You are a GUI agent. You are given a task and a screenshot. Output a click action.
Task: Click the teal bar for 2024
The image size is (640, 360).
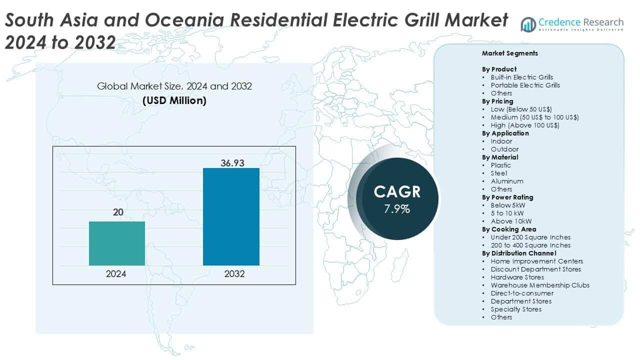point(117,243)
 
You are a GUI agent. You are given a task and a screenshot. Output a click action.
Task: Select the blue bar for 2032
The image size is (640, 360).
point(231,216)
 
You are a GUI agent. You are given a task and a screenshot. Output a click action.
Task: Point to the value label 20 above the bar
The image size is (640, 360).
point(117,212)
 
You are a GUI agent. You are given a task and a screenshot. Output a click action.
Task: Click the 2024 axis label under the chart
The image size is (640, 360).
point(116,274)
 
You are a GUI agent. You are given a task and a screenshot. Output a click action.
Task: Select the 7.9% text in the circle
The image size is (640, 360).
point(397,209)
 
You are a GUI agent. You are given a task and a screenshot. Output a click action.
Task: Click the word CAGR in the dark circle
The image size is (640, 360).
point(397,191)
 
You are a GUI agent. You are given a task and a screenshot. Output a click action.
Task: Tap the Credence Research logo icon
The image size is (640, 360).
point(528,24)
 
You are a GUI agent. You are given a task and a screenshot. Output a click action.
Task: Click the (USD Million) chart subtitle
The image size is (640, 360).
point(174,100)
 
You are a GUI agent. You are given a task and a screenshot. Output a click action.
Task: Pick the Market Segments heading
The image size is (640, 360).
point(509,53)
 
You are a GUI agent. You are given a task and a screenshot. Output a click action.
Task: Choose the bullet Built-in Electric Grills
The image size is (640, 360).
point(521,77)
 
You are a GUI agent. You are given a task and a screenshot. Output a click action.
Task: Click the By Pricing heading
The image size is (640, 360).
point(497,101)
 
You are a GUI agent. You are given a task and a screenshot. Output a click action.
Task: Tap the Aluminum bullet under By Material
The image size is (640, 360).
point(506,181)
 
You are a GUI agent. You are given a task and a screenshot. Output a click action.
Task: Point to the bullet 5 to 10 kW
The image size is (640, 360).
point(507,213)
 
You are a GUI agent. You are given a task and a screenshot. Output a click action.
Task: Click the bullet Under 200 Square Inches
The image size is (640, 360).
point(530,237)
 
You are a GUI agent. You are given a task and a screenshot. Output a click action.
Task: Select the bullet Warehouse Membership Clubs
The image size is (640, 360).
point(540,285)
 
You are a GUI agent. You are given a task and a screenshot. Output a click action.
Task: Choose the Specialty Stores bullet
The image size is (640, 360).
point(516,309)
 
